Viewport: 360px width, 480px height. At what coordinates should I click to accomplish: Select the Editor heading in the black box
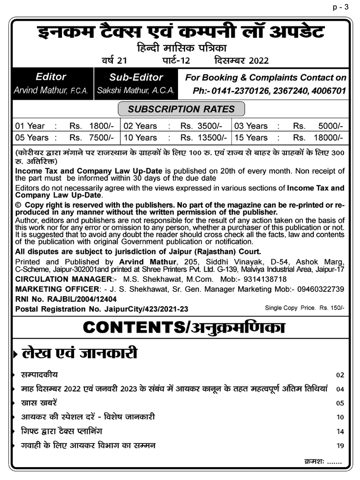(50, 77)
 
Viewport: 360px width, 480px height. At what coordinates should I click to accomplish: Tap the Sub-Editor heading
(136, 77)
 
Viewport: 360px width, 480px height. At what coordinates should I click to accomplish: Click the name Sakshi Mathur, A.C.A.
(136, 90)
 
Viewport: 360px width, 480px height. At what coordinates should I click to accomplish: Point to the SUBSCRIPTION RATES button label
(181, 109)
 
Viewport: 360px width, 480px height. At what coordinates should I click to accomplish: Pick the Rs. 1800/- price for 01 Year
(92, 126)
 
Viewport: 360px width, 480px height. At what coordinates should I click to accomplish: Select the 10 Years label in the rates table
(140, 138)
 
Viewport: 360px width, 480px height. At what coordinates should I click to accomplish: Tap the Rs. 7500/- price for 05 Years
(92, 138)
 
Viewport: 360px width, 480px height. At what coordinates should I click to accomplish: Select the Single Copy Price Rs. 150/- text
(304, 308)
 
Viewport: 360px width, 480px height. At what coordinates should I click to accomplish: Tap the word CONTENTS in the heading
(132, 327)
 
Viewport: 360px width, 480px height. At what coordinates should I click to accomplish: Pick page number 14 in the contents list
(340, 432)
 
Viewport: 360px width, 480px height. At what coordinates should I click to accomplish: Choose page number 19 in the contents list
(340, 446)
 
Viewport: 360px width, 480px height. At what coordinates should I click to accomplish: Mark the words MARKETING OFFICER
(56, 289)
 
